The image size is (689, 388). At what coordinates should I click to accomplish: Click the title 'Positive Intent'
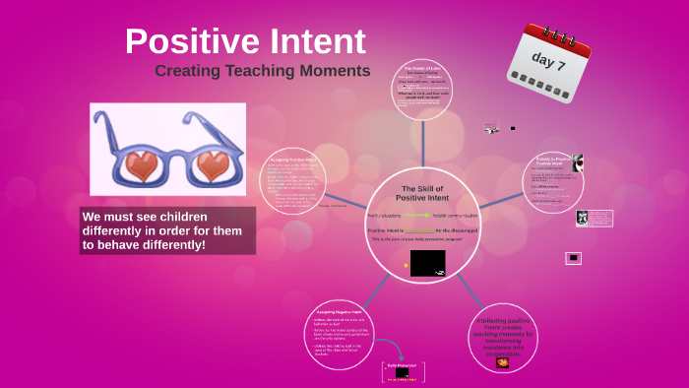click(x=245, y=41)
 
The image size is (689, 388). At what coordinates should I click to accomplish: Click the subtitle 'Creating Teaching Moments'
click(x=262, y=71)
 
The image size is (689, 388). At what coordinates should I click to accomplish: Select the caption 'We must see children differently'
click(x=167, y=229)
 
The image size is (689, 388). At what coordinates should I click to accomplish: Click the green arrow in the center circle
click(x=413, y=215)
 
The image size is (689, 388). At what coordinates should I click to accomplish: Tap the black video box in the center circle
click(x=427, y=263)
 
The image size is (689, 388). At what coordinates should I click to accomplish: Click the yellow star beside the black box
click(x=406, y=265)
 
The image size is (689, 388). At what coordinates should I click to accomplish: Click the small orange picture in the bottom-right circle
click(x=503, y=362)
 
